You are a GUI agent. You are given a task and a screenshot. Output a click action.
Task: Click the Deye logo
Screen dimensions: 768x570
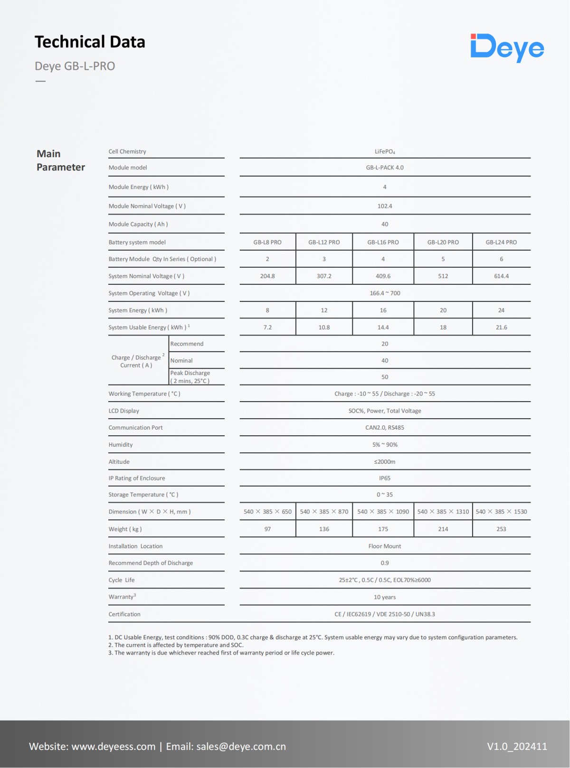click(x=507, y=47)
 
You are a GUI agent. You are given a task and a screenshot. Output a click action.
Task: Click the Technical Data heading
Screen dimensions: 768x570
click(x=90, y=42)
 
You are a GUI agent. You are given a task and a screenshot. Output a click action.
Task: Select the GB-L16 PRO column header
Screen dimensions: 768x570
click(x=383, y=242)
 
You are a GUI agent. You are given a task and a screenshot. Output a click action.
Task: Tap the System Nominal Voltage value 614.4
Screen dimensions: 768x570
click(x=501, y=276)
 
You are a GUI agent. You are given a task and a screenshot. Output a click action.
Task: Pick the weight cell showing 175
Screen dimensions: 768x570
click(x=383, y=529)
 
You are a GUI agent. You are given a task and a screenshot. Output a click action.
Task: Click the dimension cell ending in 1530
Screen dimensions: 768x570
click(x=501, y=512)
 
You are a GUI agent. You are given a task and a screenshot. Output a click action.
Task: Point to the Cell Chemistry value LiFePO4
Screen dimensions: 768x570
click(x=385, y=152)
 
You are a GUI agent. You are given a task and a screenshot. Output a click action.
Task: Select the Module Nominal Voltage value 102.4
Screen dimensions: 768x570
click(x=385, y=206)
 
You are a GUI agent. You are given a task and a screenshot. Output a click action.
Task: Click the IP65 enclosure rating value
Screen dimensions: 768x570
click(x=385, y=478)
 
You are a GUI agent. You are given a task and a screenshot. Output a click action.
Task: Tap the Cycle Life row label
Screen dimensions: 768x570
click(x=122, y=580)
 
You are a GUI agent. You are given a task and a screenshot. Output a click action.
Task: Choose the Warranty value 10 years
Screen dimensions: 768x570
click(x=385, y=597)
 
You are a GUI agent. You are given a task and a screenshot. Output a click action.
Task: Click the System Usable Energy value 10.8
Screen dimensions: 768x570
click(x=324, y=328)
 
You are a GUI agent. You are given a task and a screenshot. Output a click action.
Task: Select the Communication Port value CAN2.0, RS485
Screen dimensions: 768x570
click(x=385, y=428)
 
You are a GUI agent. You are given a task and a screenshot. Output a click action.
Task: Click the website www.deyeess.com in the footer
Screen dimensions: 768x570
click(x=114, y=746)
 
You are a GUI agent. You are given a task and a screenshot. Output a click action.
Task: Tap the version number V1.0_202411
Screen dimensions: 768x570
click(x=517, y=746)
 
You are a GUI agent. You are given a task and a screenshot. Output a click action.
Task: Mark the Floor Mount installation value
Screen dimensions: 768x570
click(x=385, y=546)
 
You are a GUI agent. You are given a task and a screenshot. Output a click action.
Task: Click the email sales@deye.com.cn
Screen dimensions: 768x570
click(x=241, y=746)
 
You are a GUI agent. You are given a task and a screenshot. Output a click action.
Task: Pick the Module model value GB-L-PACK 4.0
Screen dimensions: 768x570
click(x=385, y=168)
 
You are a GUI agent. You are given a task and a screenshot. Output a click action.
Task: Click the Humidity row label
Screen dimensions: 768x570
click(x=121, y=445)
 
